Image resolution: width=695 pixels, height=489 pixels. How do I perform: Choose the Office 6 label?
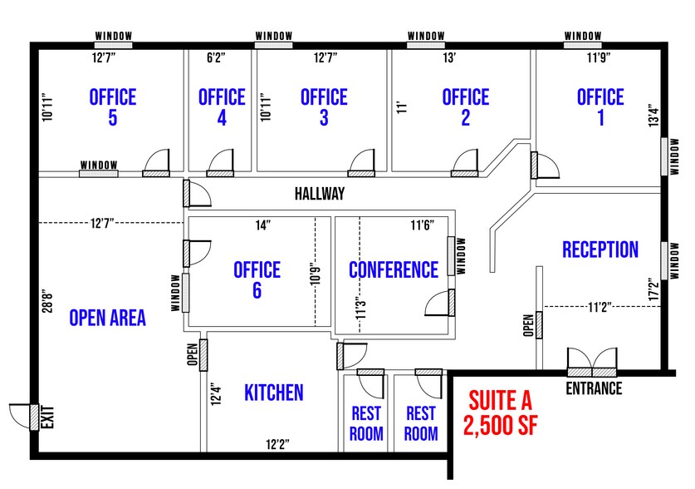pos(257,279)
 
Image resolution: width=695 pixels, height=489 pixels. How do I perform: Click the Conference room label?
pos(393,270)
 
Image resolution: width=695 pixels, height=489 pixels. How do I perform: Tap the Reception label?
pos(600,249)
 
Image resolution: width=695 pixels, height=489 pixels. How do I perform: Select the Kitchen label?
pos(274,393)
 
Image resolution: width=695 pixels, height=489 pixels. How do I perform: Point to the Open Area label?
pos(108,318)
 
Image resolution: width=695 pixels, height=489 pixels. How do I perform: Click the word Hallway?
pos(320,194)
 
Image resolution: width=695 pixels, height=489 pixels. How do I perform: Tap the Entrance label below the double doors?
pos(594,389)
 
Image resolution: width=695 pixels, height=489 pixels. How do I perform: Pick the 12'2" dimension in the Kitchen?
pos(277,444)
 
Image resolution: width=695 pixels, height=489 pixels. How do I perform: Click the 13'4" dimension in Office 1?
pos(654,115)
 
